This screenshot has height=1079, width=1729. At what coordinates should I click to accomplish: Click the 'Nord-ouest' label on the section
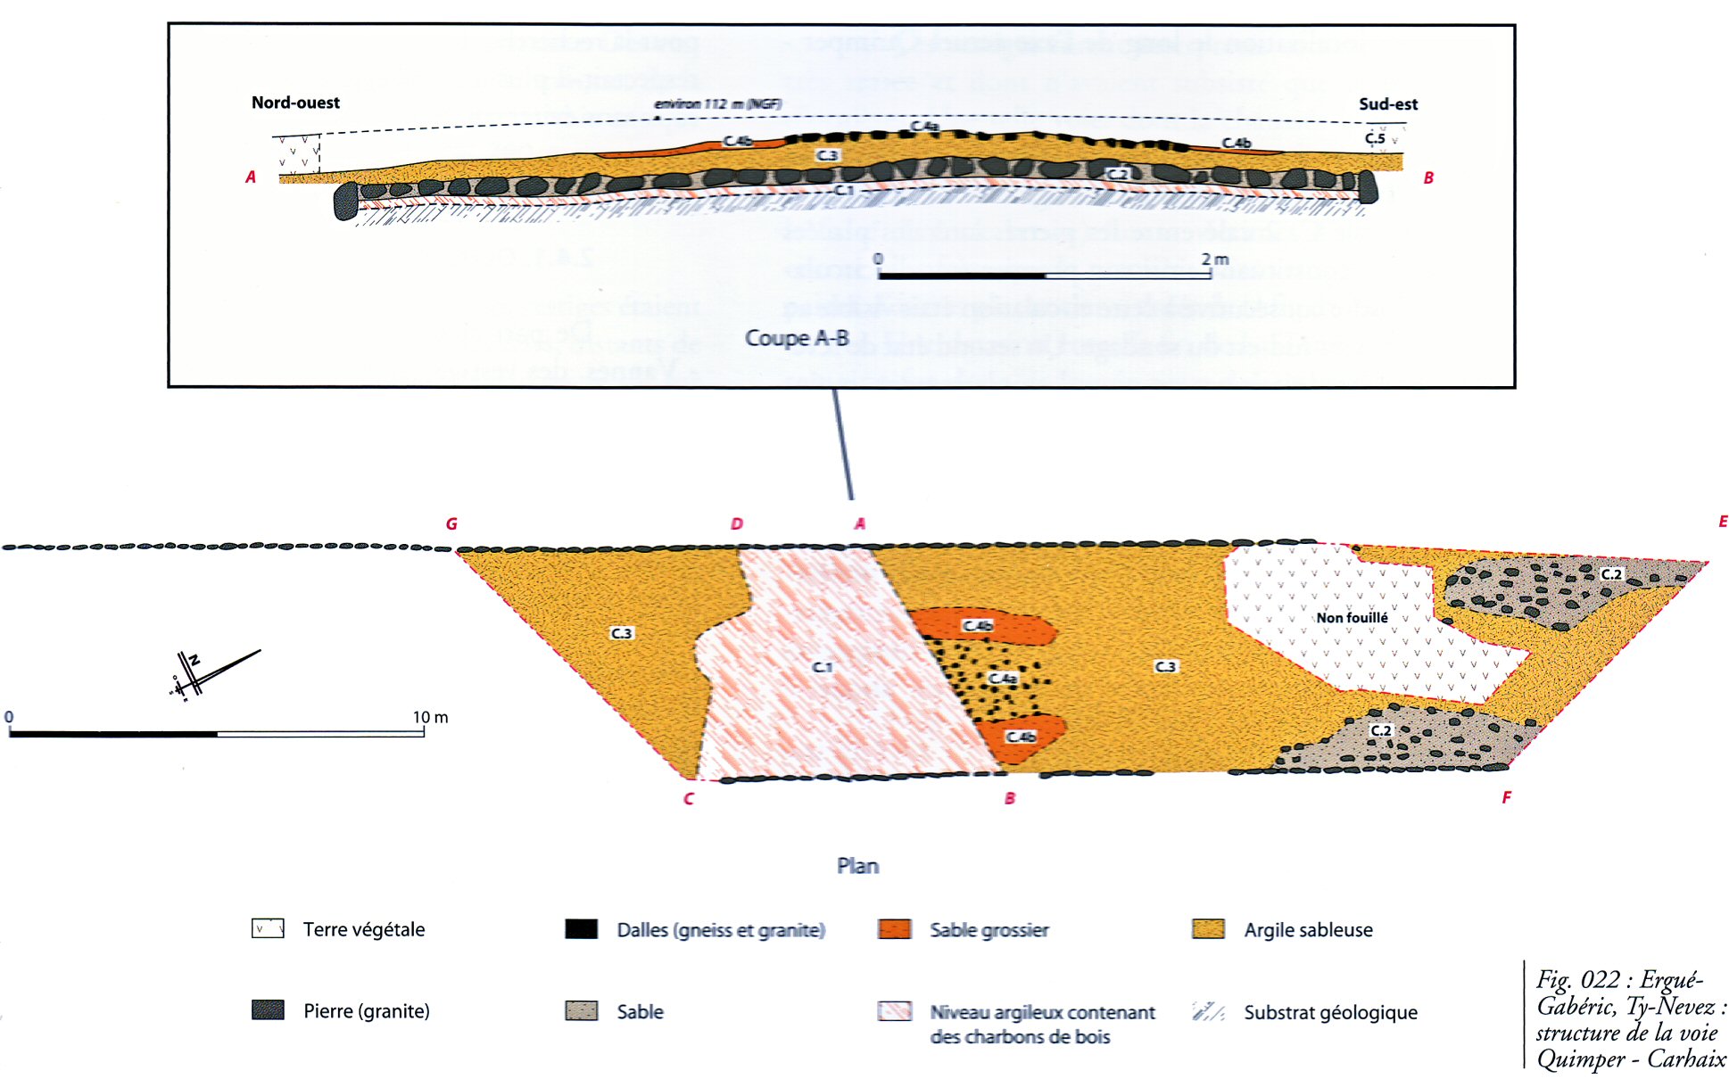point(295,103)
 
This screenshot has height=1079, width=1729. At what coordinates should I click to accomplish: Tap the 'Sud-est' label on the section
point(1387,104)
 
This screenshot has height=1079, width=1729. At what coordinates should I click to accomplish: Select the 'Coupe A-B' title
point(797,338)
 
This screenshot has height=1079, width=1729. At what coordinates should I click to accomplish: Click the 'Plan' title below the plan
point(857,866)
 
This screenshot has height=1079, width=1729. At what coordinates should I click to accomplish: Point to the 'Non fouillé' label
point(1352,617)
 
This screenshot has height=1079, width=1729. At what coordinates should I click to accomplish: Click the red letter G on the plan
point(451,524)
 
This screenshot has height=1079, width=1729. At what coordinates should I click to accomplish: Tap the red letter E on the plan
point(1723,522)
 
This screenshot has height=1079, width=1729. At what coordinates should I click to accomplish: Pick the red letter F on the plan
point(1506,797)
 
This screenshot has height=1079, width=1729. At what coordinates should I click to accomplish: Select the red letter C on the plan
point(689,799)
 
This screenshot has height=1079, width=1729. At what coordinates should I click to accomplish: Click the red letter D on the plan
point(736,524)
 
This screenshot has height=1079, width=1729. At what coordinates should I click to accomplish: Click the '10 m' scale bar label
point(430,717)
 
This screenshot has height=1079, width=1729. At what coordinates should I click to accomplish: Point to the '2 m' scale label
point(1214,259)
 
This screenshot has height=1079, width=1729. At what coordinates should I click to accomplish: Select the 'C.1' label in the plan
point(822,667)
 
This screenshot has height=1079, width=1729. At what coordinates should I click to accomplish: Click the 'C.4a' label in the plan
point(1003,679)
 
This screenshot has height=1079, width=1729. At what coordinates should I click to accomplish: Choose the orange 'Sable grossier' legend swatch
point(894,929)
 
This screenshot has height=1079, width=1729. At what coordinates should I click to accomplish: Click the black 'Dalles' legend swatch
point(581,929)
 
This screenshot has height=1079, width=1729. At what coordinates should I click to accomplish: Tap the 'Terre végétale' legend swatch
point(268,929)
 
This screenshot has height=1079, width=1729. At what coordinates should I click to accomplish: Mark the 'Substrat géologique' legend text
point(1330,1012)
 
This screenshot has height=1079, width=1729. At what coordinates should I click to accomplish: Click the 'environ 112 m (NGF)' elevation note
point(717,104)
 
